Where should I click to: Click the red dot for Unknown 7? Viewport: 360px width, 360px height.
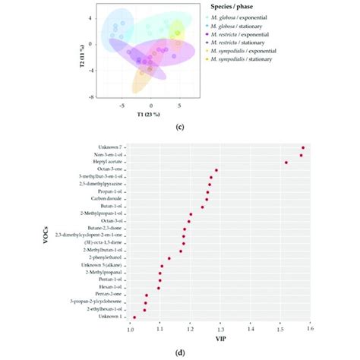(x=303, y=148)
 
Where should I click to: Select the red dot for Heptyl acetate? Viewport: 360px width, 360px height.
(x=286, y=162)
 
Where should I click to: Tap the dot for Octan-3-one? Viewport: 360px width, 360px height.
(x=216, y=170)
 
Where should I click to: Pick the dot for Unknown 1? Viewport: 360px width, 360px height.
(x=134, y=317)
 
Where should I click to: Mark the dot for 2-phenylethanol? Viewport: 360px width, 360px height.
(x=169, y=258)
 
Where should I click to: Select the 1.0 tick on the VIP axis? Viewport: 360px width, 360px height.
(x=130, y=329)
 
